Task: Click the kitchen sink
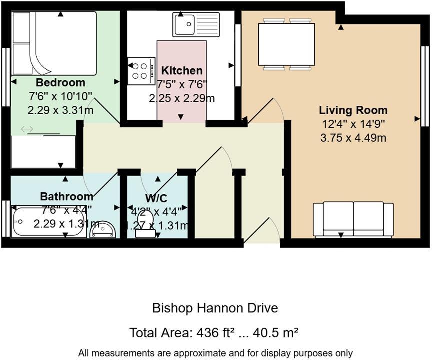point(196,24)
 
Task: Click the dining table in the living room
point(286,44)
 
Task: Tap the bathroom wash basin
point(104,230)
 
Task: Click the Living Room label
point(353,110)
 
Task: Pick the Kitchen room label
point(182,71)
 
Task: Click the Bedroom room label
point(60,83)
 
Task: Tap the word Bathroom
point(66,196)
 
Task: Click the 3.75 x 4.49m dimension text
point(353,138)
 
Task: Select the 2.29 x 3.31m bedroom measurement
point(60,110)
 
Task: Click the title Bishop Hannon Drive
point(215,308)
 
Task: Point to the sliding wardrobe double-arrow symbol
point(27,130)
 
